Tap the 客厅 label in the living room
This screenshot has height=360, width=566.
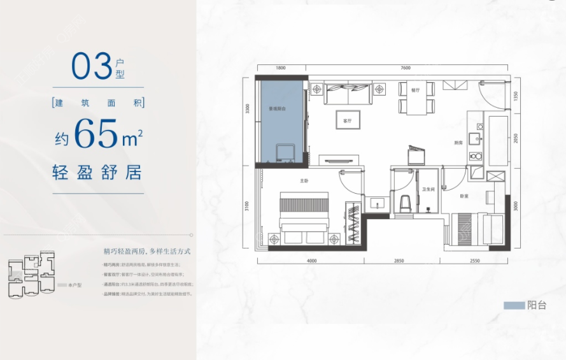[x=348, y=120]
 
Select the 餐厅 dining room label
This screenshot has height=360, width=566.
[x=415, y=90]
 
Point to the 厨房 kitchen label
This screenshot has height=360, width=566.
[x=458, y=143]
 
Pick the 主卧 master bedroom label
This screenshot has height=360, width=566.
[x=304, y=181]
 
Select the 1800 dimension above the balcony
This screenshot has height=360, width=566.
[x=281, y=68]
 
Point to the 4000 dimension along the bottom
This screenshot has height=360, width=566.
[x=311, y=261]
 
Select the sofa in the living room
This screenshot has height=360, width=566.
[x=348, y=94]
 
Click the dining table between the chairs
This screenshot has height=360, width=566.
[x=417, y=105]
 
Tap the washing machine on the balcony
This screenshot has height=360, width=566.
[x=285, y=153]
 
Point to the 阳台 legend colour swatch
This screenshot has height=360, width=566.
[x=514, y=305]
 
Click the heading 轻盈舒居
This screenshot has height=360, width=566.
[x=97, y=172]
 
